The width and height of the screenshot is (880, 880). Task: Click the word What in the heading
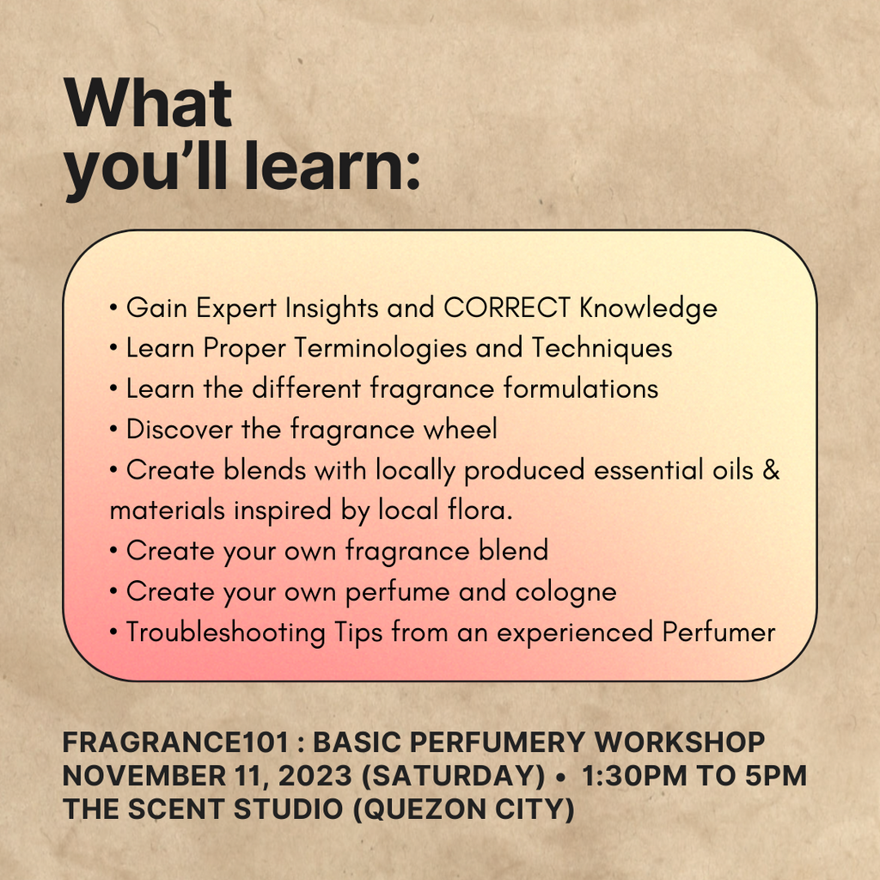148,103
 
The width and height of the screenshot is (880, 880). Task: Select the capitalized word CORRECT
507,308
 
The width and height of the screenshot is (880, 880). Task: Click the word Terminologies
380,348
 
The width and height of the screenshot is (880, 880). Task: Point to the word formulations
580,388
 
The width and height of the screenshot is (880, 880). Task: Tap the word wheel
461,430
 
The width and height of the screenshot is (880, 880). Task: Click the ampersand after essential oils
771,469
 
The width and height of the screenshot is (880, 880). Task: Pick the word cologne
565,592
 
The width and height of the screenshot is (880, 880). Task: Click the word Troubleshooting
226,632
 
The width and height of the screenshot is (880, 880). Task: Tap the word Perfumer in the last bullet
718,632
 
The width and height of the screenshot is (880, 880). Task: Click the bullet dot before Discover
113,430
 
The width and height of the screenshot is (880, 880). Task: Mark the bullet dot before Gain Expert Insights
113,308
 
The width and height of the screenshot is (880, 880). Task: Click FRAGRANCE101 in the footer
175,742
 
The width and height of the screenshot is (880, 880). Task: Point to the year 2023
315,776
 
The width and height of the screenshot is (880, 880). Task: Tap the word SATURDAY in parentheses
453,776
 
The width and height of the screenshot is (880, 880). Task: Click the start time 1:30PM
634,776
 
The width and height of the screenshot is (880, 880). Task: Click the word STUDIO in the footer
288,810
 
